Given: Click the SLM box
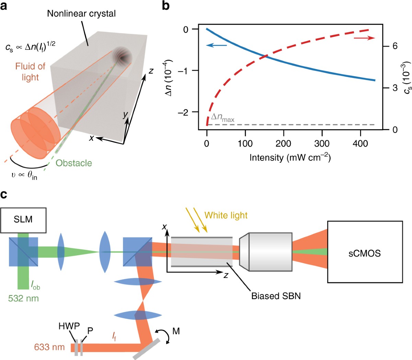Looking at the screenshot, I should tap(23, 220).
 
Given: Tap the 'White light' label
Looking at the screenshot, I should tap(226, 215).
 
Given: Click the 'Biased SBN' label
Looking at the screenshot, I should tap(276, 296).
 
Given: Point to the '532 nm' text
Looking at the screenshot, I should tap(23, 298).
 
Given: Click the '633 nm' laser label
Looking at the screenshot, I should tap(49, 347).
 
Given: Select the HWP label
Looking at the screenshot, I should tap(69, 326).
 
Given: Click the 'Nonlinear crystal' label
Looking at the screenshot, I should tap(81, 14).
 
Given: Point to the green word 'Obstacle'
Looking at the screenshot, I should tap(74, 163).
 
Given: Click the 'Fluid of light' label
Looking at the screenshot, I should tap(30, 71).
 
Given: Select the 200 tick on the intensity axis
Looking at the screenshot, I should tap(283, 143).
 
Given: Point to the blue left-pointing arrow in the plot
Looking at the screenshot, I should tap(217, 45).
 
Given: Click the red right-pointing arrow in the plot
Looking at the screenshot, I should tap(364, 38).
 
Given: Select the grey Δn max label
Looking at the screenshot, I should tap(222, 117).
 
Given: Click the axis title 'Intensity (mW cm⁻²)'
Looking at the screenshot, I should tap(290, 158).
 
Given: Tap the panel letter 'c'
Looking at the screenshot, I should tap(4, 195).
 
